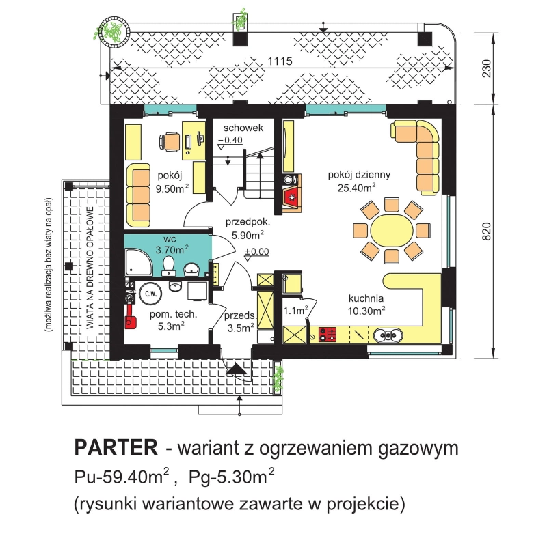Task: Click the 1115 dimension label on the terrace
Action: tap(280, 61)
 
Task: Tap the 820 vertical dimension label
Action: tap(486, 231)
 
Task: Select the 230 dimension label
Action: tap(486, 68)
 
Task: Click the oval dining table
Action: tap(392, 230)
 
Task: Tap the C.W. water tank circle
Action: tap(150, 294)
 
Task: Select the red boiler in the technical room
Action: tap(131, 318)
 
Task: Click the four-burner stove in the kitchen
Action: tap(328, 335)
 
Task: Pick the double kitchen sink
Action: tap(388, 335)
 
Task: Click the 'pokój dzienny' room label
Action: tap(358, 175)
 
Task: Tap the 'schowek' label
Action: tap(243, 128)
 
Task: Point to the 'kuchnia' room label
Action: tap(366, 298)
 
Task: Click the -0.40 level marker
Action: tap(230, 141)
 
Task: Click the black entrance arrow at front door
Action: tap(237, 369)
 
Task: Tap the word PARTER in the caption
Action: tap(116, 447)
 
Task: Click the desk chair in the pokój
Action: tap(170, 142)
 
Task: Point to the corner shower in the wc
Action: tap(139, 262)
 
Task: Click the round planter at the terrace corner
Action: tap(114, 30)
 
